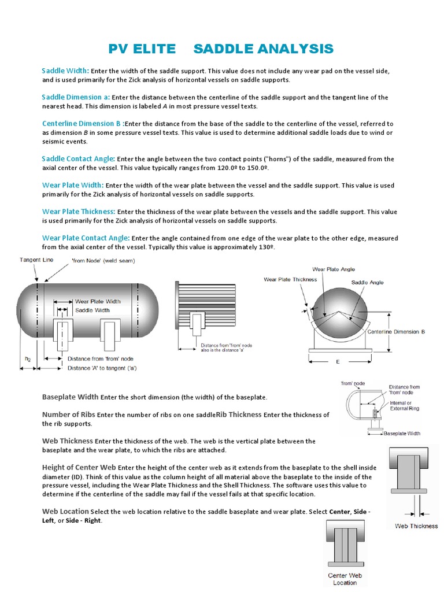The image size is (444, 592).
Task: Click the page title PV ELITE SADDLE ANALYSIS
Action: (221, 49)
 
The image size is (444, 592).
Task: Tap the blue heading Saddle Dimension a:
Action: (76, 97)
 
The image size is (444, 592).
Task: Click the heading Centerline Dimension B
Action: (82, 124)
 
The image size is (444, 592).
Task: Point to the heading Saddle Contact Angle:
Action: (79, 158)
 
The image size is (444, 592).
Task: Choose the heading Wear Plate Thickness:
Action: (79, 212)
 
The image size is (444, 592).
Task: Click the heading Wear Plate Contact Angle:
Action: (86, 238)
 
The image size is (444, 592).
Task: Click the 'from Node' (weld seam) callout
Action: (103, 261)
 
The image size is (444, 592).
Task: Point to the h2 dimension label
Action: (27, 358)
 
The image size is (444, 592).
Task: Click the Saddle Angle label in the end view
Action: (368, 283)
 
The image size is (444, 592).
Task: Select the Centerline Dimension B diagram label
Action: (397, 332)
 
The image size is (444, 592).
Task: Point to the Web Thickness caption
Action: (416, 526)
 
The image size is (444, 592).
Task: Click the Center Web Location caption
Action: (345, 579)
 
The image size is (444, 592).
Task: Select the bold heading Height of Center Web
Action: (80, 467)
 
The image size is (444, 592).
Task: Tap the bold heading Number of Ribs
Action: (69, 415)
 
